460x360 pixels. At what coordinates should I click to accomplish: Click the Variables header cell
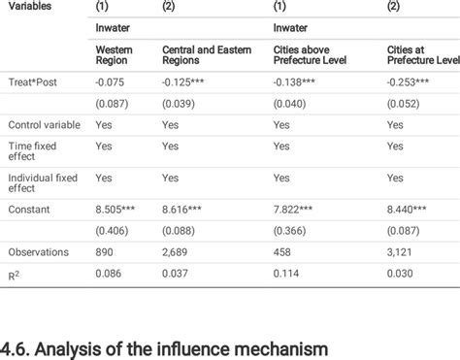tap(31, 6)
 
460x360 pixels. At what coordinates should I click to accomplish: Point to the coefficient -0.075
tap(111, 82)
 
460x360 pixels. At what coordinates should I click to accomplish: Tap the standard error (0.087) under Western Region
tap(113, 102)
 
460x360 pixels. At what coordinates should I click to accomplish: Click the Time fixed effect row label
tap(44, 146)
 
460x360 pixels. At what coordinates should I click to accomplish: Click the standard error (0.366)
tap(291, 230)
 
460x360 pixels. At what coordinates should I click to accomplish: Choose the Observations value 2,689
tap(177, 251)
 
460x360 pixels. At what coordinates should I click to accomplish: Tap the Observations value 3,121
tap(403, 251)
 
